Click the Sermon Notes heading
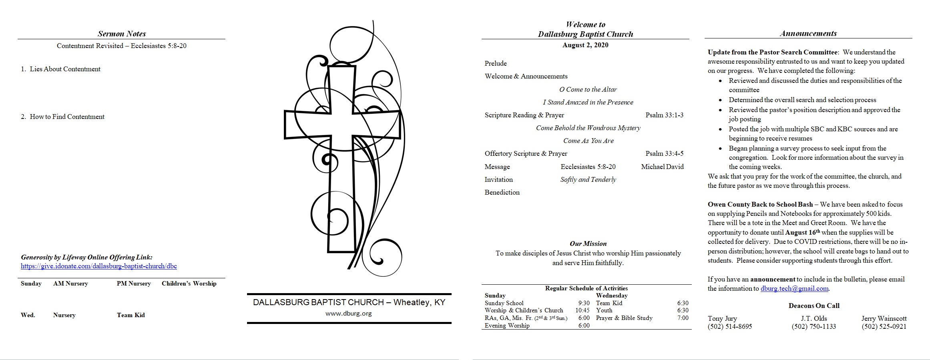pyautogui.click(x=122, y=34)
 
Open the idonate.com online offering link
pyautogui.click(x=99, y=266)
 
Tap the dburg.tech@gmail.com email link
pyautogui.click(x=794, y=288)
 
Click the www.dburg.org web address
pyautogui.click(x=349, y=314)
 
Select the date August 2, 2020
pyautogui.click(x=585, y=45)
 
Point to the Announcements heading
pyautogui.click(x=808, y=33)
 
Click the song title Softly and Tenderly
pyautogui.click(x=588, y=179)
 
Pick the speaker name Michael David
pyautogui.click(x=662, y=167)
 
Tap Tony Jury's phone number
pyautogui.click(x=730, y=326)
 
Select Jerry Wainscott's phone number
pyautogui.click(x=884, y=326)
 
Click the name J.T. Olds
pyautogui.click(x=814, y=318)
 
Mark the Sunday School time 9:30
pyautogui.click(x=584, y=303)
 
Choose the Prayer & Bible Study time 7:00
pyautogui.click(x=683, y=318)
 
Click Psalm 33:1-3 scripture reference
pyautogui.click(x=665, y=115)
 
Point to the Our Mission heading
pyautogui.click(x=588, y=243)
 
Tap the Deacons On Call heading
pyautogui.click(x=814, y=306)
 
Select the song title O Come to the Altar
pyautogui.click(x=588, y=89)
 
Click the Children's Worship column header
pyautogui.click(x=189, y=284)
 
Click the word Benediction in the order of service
pyautogui.click(x=502, y=192)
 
